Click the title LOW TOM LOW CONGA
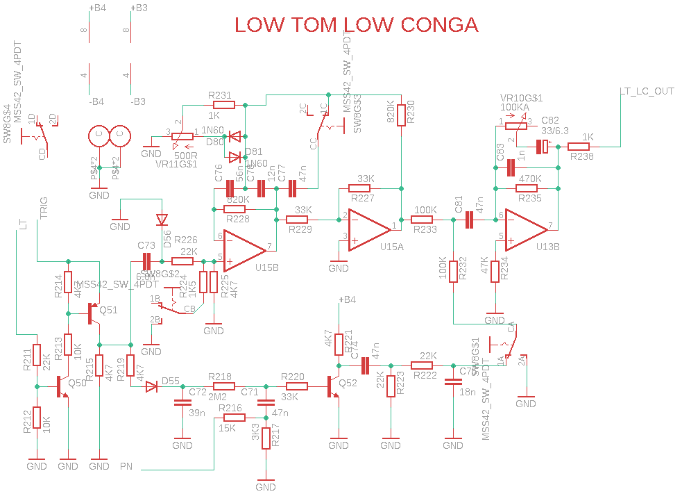[x=356, y=26]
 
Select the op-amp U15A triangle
[x=368, y=227]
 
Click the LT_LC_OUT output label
[x=647, y=92]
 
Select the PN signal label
[x=126, y=465]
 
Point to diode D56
[x=162, y=220]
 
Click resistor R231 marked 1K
[x=224, y=105]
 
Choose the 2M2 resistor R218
[x=223, y=386]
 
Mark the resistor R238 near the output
[x=579, y=147]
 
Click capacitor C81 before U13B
[x=468, y=220]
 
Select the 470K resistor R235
[x=529, y=188]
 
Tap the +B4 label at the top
[x=97, y=8]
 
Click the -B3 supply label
[x=137, y=101]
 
